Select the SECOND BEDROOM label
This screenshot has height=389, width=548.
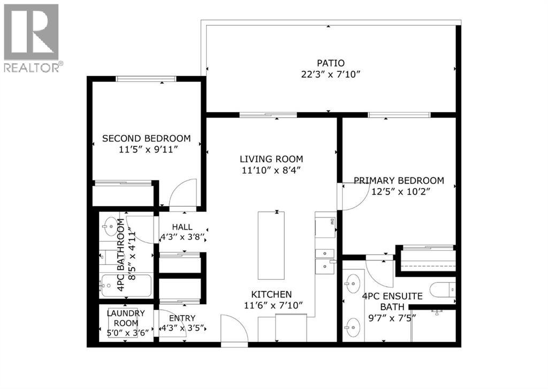click(x=146, y=138)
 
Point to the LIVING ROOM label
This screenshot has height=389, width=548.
click(x=271, y=159)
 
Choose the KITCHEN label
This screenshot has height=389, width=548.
click(x=272, y=294)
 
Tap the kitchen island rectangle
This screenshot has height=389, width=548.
click(x=271, y=245)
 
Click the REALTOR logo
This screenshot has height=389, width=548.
click(x=32, y=38)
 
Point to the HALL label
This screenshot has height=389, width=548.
click(x=182, y=227)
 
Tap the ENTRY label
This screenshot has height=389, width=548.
click(x=182, y=318)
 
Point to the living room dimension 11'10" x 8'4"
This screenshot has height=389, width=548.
click(x=271, y=170)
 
